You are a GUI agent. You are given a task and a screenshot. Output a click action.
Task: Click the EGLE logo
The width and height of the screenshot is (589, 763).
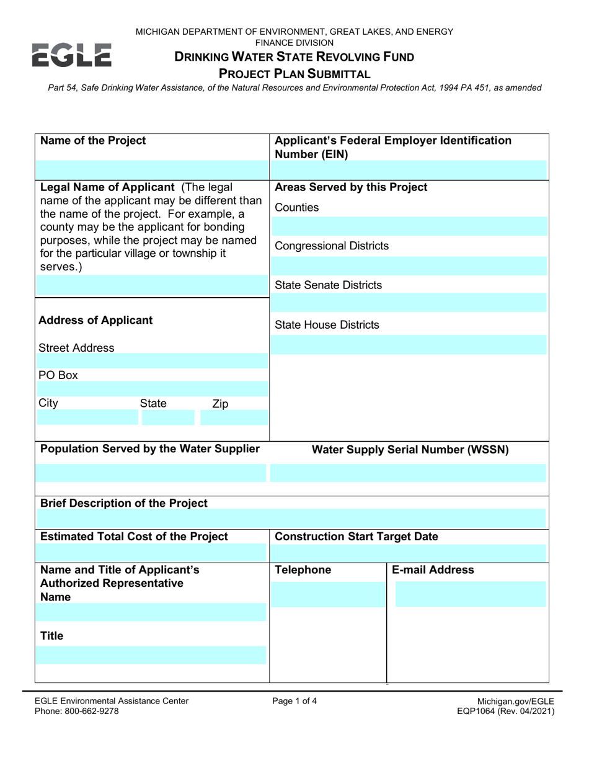(x=71, y=55)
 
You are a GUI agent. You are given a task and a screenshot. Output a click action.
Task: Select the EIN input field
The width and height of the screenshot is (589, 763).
(x=409, y=169)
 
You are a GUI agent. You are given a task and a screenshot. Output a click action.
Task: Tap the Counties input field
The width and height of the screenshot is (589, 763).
(x=409, y=226)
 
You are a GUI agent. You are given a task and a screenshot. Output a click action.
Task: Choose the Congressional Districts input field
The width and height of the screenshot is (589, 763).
(x=409, y=265)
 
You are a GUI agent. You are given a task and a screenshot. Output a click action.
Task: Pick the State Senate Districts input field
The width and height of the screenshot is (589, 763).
(x=409, y=303)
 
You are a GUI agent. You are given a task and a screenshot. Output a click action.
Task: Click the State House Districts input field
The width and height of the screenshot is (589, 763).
(x=409, y=344)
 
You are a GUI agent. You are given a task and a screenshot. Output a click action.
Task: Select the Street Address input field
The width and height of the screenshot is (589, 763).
(x=152, y=361)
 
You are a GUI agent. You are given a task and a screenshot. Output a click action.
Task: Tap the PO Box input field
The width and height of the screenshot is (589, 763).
(x=152, y=388)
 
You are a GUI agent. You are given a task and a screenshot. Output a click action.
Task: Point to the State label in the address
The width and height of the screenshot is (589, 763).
(x=153, y=404)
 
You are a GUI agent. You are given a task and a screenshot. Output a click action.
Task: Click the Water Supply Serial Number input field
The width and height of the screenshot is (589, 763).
(x=409, y=473)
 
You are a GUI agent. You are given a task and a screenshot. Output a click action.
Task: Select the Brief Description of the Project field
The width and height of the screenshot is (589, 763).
(x=293, y=518)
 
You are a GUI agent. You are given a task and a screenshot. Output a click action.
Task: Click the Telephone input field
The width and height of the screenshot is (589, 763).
(x=329, y=594)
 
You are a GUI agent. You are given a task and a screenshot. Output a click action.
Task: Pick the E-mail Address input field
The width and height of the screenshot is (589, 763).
(x=471, y=594)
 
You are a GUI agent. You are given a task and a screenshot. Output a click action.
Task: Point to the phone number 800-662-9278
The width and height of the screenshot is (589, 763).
(x=92, y=712)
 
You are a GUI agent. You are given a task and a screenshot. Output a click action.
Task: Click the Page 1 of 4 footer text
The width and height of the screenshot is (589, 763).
(x=294, y=702)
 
